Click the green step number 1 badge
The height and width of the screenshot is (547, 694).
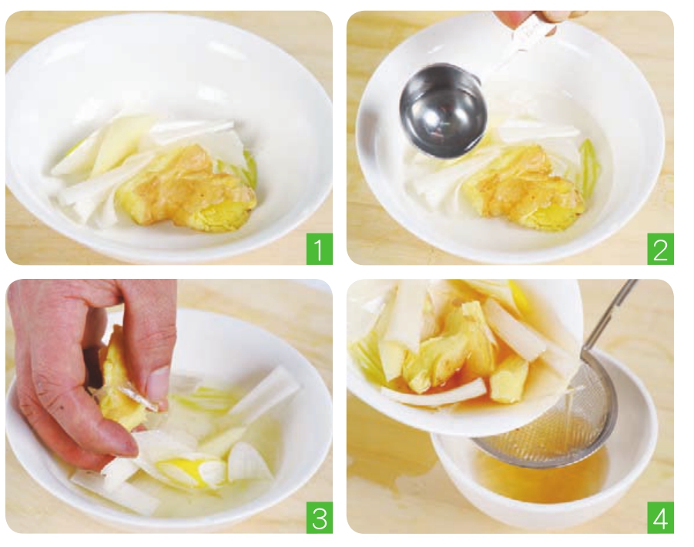tap(319, 249)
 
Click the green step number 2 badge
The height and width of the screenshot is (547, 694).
tap(660, 249)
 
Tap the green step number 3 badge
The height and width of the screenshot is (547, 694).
tap(319, 518)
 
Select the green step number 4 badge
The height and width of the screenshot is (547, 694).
tap(660, 518)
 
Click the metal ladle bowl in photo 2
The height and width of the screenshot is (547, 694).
tap(442, 112)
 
